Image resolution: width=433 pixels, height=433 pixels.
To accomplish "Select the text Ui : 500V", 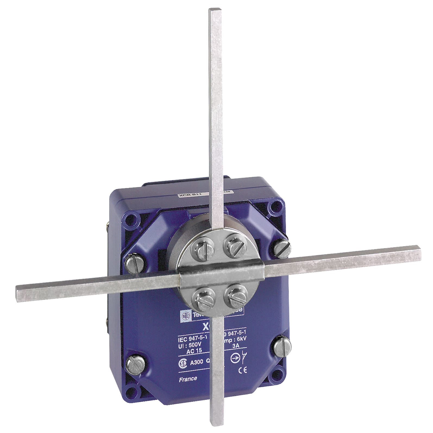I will [189, 345].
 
